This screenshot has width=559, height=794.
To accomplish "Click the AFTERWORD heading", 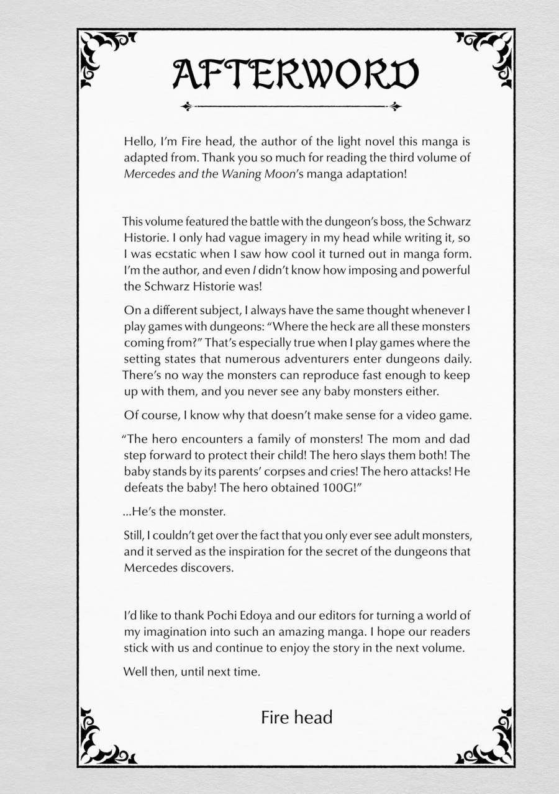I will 295,73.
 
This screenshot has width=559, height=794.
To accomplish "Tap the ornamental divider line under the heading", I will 291,107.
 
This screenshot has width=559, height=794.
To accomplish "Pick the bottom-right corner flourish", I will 491,741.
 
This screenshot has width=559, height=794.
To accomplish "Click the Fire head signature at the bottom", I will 296,718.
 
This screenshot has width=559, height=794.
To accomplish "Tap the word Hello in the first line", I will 139,142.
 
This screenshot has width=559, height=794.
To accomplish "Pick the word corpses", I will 301,472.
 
